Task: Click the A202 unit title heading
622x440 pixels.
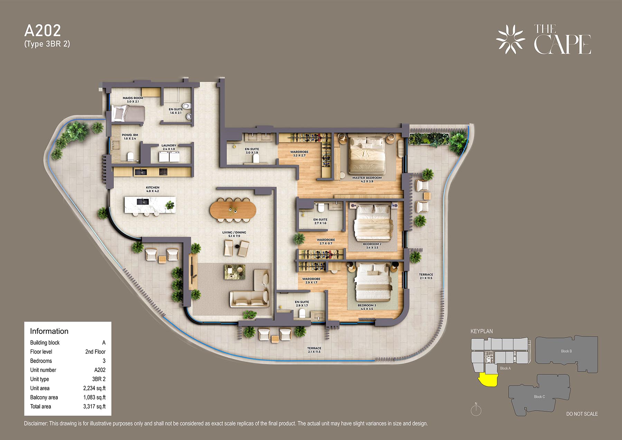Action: coord(43,31)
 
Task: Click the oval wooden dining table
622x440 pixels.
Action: coord(233,209)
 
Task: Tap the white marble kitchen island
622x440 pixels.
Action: coord(150,205)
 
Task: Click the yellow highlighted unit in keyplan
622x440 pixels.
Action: coord(488,380)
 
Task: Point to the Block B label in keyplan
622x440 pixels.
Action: coord(566,351)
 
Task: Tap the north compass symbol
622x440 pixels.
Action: coord(476,410)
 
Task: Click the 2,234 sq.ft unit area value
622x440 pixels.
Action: coord(94,388)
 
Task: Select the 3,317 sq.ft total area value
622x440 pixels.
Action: coord(94,406)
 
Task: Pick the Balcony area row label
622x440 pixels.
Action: coord(44,397)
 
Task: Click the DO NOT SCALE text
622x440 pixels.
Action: coord(582,414)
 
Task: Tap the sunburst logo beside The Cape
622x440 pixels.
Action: coord(510,39)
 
